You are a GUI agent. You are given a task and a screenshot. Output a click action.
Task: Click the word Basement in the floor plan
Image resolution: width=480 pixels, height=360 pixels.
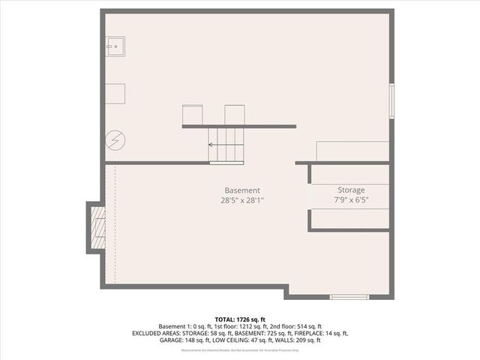(x=242, y=190)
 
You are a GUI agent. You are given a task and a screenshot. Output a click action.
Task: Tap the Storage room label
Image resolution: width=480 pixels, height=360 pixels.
(x=351, y=190)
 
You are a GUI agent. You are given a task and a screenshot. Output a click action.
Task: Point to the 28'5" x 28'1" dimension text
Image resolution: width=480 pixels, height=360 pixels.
(x=242, y=200)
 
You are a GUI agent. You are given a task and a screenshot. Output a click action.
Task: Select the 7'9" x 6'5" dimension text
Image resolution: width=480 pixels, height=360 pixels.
(x=351, y=200)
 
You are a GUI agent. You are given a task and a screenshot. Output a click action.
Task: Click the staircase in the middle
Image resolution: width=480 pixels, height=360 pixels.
(x=226, y=145)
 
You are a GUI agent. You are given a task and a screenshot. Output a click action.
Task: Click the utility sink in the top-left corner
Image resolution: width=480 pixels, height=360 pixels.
(x=115, y=46)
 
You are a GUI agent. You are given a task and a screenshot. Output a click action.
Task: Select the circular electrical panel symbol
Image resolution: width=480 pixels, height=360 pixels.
(x=115, y=139)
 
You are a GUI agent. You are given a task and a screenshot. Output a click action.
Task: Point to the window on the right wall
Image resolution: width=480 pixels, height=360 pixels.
(x=391, y=100)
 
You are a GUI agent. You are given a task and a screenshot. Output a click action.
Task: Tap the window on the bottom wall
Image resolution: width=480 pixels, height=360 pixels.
(x=349, y=297)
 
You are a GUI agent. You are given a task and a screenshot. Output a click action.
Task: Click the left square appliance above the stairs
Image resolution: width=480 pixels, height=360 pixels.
(x=193, y=115)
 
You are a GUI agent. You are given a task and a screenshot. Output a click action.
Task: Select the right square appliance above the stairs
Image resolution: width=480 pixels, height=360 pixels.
(x=235, y=115)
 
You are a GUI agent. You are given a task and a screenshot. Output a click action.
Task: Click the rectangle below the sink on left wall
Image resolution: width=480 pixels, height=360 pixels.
(x=115, y=94)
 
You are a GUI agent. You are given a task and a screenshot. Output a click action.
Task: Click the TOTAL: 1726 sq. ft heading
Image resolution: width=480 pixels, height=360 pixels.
(x=240, y=319)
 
